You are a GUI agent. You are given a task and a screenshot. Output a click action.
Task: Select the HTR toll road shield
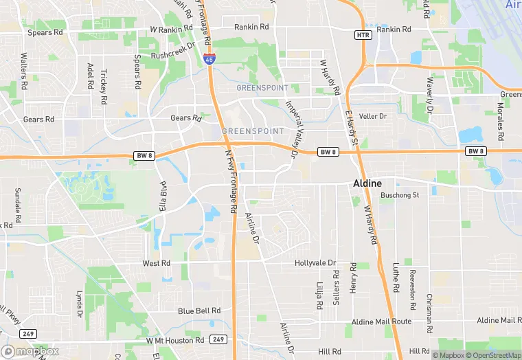pyautogui.click(x=363, y=34)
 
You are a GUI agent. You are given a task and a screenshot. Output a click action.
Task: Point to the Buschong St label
pyautogui.click(x=400, y=195)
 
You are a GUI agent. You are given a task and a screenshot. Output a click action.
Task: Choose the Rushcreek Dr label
pyautogui.click(x=173, y=55)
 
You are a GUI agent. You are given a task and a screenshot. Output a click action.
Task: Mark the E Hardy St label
pyautogui.click(x=352, y=127)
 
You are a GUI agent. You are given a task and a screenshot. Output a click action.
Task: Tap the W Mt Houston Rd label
pyautogui.click(x=175, y=340)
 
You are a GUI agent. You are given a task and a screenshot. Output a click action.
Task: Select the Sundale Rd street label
pyautogui.click(x=18, y=203)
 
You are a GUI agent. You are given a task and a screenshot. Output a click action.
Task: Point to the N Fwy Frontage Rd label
pyautogui.click(x=231, y=182)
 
